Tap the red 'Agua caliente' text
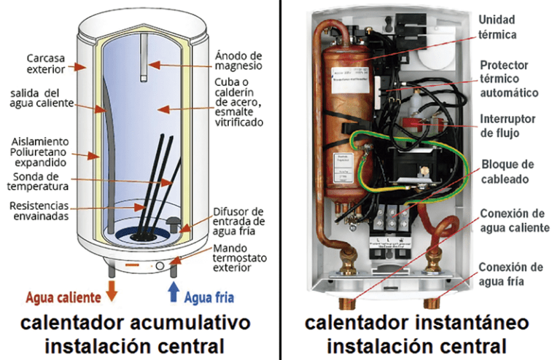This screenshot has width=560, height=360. click(64, 297)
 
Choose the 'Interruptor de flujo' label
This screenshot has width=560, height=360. click(509, 125)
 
